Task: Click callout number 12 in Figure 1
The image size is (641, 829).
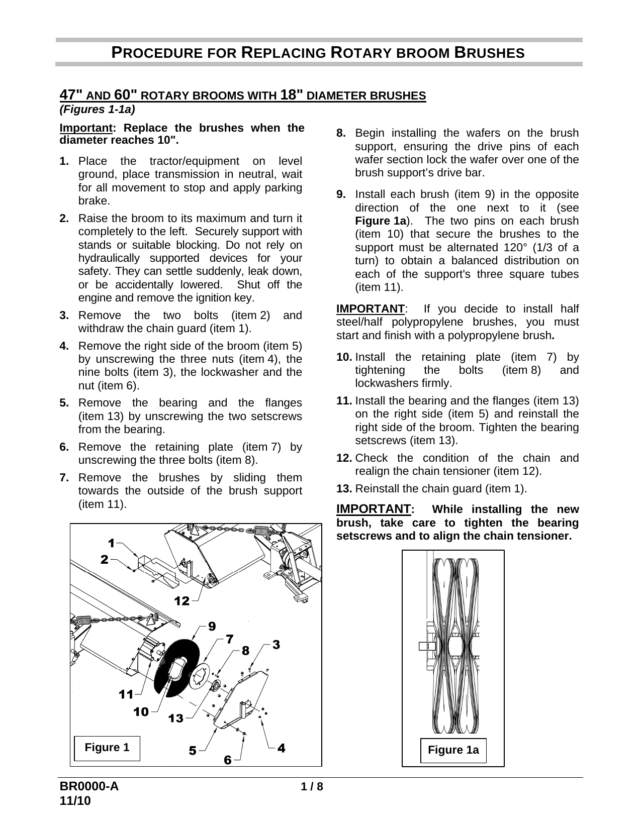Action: point(182,601)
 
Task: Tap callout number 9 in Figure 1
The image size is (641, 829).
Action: point(212,627)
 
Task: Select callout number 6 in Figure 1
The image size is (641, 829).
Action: point(228,760)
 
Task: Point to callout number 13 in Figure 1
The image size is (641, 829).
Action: point(176,718)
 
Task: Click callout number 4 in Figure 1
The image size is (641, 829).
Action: point(282,748)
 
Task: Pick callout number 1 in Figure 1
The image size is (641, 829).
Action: point(112,543)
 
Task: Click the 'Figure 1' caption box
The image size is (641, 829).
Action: point(107,748)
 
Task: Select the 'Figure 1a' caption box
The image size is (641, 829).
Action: point(453,750)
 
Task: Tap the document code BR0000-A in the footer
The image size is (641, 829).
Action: point(89,787)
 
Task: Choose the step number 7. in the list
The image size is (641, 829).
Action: point(64,477)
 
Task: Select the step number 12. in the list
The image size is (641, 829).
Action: point(344,458)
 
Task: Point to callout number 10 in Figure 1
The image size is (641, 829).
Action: point(141,712)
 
